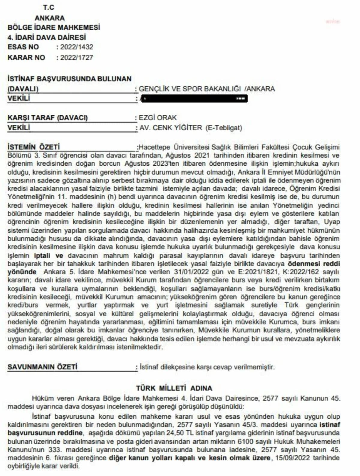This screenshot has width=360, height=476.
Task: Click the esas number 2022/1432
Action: [77, 47]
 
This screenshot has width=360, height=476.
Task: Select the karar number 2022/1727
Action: [77, 58]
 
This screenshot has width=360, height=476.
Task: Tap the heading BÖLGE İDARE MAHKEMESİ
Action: [54, 27]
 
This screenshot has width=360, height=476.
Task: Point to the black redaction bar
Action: [194, 98]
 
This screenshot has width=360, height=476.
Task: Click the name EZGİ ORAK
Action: [158, 118]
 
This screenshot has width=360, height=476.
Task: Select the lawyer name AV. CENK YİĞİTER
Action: [171, 128]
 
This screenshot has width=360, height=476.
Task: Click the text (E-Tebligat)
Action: [224, 128]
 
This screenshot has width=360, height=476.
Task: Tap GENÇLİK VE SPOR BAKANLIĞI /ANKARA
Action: [207, 89]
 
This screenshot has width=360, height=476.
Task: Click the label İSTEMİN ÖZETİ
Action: [34, 147]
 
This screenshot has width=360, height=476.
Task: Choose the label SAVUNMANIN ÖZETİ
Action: [42, 367]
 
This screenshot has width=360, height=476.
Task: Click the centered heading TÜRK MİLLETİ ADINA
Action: [174, 388]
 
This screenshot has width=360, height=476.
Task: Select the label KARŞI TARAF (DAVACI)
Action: [48, 118]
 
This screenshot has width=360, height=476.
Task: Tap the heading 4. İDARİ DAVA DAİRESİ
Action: [46, 38]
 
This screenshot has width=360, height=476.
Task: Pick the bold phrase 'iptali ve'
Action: [48, 256]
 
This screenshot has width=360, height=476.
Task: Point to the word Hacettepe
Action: [155, 147]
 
